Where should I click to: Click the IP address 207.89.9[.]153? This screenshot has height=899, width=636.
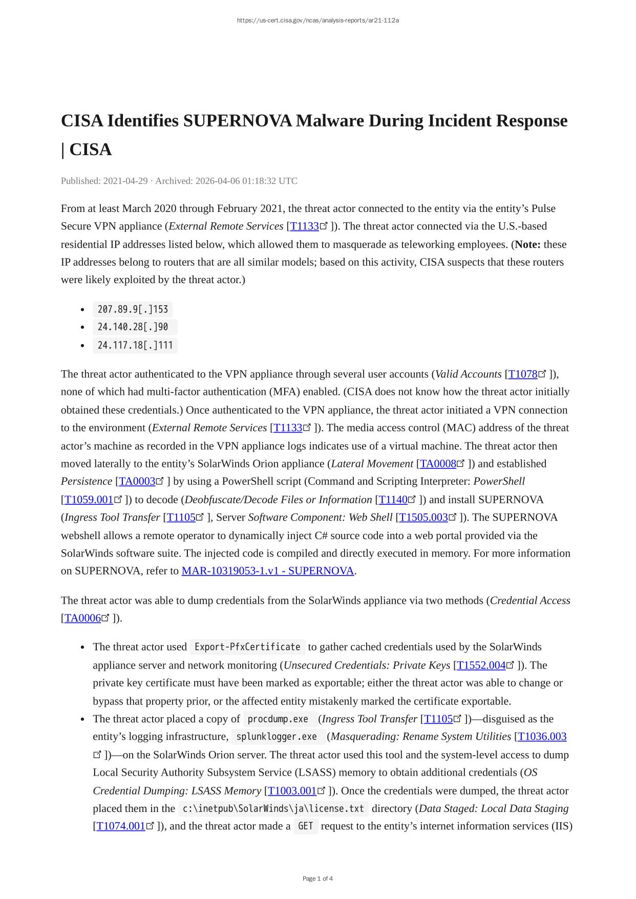pyautogui.click(x=133, y=309)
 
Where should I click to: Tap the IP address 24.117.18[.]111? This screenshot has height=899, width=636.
pyautogui.click(x=135, y=345)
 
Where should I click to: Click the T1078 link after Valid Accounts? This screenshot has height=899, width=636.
pyautogui.click(x=522, y=374)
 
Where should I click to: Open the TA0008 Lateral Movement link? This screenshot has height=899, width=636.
pyautogui.click(x=438, y=464)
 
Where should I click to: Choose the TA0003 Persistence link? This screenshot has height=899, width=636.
pyautogui.click(x=137, y=481)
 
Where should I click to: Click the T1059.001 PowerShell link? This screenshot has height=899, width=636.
pyautogui.click(x=89, y=500)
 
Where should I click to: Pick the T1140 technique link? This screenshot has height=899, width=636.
pyautogui.click(x=393, y=500)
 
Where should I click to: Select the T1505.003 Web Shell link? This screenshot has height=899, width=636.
pyautogui.click(x=423, y=518)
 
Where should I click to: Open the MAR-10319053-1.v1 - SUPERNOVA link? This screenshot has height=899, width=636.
pyautogui.click(x=268, y=571)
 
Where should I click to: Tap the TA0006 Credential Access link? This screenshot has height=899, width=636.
pyautogui.click(x=82, y=618)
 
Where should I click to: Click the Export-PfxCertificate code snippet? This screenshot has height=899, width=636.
pyautogui.click(x=247, y=647)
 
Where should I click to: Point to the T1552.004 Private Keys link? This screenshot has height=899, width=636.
pyautogui.click(x=481, y=666)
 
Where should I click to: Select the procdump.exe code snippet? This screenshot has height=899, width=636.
pyautogui.click(x=278, y=719)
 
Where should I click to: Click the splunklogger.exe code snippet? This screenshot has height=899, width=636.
pyautogui.click(x=277, y=737)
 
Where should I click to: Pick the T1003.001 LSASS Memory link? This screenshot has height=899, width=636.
pyautogui.click(x=292, y=791)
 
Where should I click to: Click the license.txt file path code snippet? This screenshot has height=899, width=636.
pyautogui.click(x=273, y=808)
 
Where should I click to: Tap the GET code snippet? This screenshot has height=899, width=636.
pyautogui.click(x=306, y=826)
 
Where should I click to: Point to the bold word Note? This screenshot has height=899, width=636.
pyautogui.click(x=527, y=245)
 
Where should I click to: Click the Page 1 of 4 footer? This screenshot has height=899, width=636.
pyautogui.click(x=317, y=879)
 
